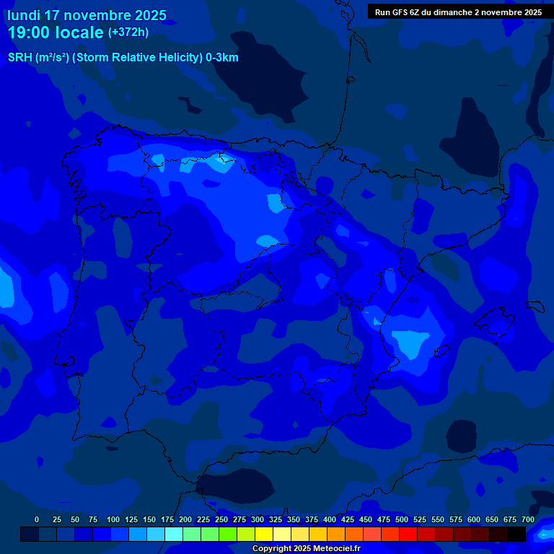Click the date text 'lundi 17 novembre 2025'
pyautogui.click(x=87, y=15)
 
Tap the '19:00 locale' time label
pyautogui.click(x=55, y=32)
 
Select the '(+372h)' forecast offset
pyautogui.click(x=128, y=32)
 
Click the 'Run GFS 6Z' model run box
pyautogui.click(x=458, y=12)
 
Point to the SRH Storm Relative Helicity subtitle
pyautogui.click(x=123, y=58)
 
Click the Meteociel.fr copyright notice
pyautogui.click(x=306, y=548)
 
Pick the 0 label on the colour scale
pyautogui.click(x=37, y=519)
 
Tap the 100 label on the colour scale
pyautogui.click(x=113, y=519)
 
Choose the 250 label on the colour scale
pyautogui.click(x=221, y=519)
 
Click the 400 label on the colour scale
pyautogui.click(x=330, y=519)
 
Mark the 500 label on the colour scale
pyautogui.click(x=402, y=519)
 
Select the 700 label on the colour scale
pyautogui.click(x=528, y=519)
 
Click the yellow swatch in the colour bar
pyautogui.click(x=264, y=534)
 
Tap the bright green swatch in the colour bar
pyautogui.click(x=228, y=534)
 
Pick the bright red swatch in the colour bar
pyautogui.click(x=408, y=534)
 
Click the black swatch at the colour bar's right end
pyautogui.click(x=516, y=534)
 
